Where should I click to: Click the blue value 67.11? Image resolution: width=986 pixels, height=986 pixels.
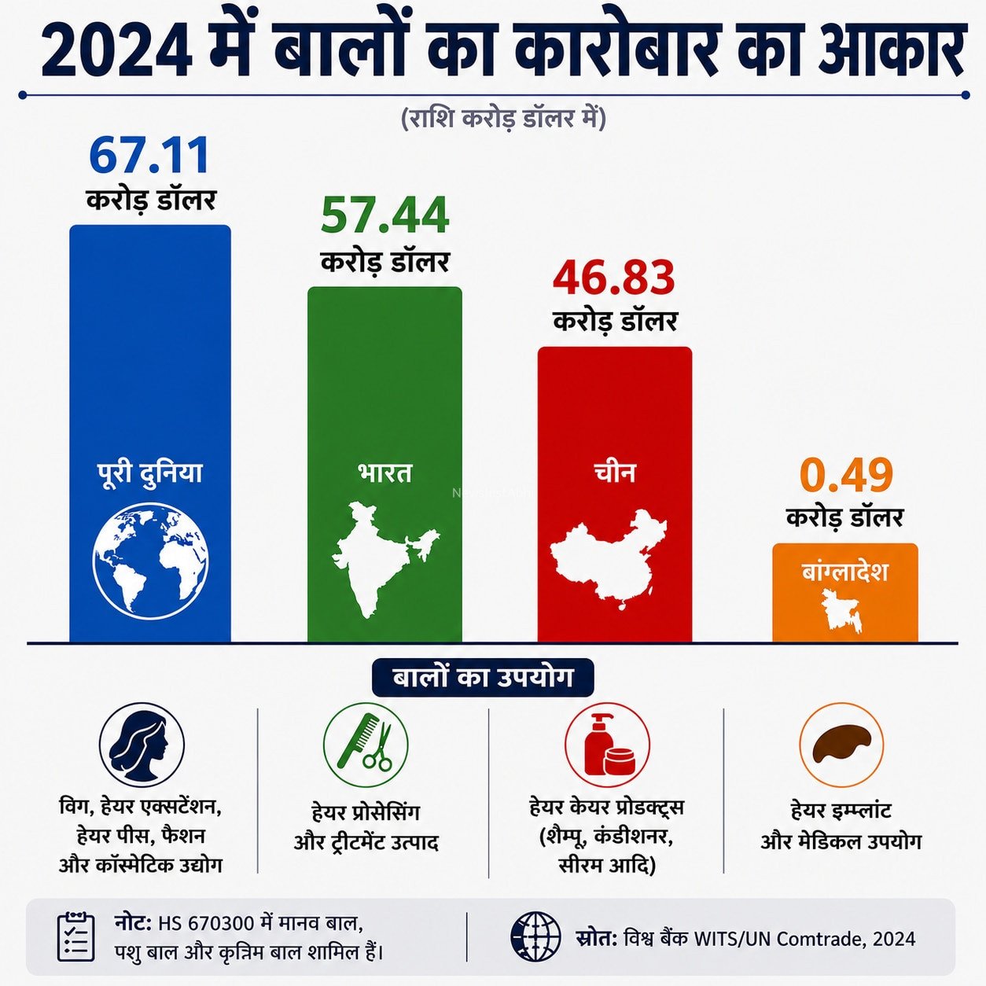[149, 155]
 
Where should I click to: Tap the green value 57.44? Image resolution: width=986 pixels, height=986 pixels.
[384, 215]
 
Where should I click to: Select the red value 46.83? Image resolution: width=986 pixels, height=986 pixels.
[614, 277]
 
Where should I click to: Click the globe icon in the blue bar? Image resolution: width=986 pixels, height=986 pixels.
[150, 561]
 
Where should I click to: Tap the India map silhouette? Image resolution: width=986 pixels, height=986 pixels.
[384, 560]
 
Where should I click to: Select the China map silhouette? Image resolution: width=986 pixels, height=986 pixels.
[609, 560]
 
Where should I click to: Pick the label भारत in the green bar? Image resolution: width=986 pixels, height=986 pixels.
[384, 473]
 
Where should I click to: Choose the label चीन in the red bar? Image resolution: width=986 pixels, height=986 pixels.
[615, 473]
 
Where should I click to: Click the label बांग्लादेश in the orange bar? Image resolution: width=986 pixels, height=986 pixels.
[844, 571]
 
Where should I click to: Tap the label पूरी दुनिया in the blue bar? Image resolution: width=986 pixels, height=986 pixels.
[150, 474]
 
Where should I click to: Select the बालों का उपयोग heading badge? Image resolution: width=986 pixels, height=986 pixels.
[483, 678]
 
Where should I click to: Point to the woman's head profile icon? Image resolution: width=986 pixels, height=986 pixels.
[142, 745]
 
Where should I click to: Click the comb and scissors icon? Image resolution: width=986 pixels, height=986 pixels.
[366, 745]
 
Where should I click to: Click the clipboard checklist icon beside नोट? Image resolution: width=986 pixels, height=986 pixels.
[75, 937]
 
